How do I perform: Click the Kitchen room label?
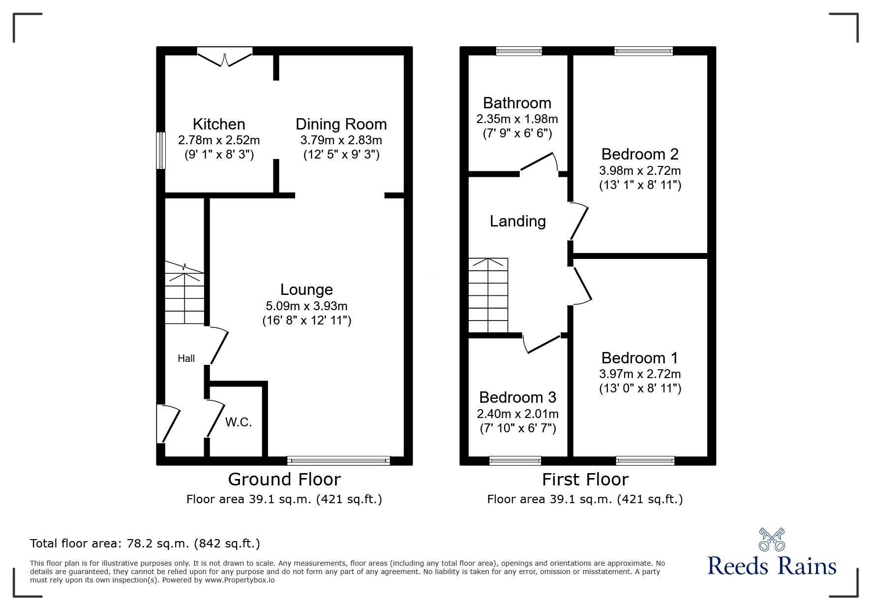tap(218, 124)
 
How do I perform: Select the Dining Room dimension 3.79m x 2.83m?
tap(341, 140)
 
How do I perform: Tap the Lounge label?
tap(306, 289)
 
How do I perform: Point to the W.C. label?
tap(239, 422)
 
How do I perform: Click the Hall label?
tap(186, 359)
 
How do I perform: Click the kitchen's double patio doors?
tap(225, 57)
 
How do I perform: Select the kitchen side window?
tap(161, 151)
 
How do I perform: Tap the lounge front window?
tap(338, 461)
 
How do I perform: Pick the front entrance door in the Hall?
tap(167, 423)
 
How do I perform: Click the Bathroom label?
tap(517, 103)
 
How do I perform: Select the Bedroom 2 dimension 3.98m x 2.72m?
tap(640, 171)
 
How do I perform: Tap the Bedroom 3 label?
tap(517, 397)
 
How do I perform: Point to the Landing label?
tap(517, 222)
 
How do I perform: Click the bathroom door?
tap(539, 163)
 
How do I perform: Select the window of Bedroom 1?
tap(645, 461)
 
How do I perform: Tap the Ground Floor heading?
tap(284, 480)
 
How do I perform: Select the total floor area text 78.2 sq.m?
tap(145, 544)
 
